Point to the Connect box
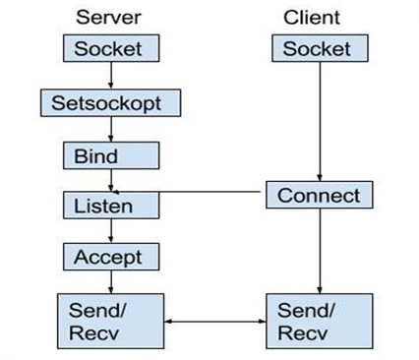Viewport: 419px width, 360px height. [x=318, y=195]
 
